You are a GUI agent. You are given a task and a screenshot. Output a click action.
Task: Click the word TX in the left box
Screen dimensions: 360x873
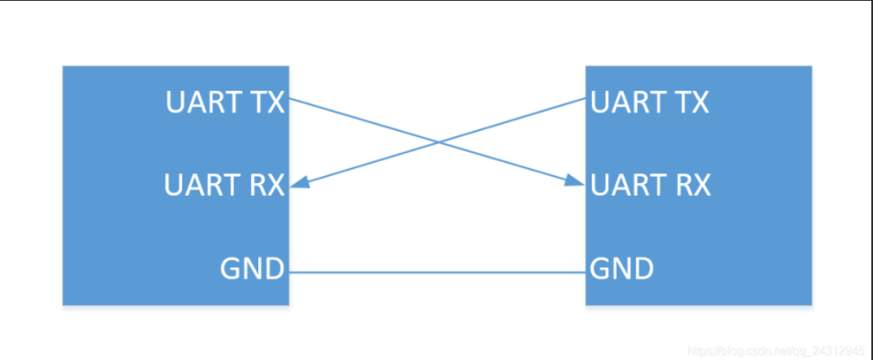266,103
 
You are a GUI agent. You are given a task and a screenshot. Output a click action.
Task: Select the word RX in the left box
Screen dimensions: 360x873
266,186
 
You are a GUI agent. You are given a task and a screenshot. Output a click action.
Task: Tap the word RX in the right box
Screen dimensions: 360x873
691,186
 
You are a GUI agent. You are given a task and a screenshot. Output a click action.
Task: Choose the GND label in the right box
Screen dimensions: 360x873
622,270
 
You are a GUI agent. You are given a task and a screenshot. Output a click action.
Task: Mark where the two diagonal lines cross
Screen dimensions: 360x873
438,142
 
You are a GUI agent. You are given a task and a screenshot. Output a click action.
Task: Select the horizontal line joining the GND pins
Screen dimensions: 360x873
438,271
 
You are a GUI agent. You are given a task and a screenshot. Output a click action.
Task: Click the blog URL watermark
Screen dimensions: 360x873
775,351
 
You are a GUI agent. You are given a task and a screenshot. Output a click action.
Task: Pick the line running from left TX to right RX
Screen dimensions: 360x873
366,122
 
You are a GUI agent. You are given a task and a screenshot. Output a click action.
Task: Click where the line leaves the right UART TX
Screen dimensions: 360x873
584,100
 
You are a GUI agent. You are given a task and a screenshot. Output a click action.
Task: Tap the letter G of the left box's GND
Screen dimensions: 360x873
231,270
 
